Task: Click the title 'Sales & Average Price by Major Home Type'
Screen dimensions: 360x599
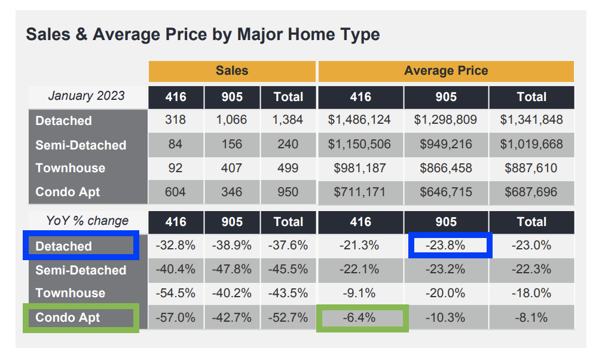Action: click(203, 34)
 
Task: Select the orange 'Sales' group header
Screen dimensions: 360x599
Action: click(232, 71)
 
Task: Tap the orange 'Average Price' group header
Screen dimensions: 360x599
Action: click(446, 71)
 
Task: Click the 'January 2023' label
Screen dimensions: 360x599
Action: click(87, 96)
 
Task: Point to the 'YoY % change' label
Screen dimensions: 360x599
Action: click(87, 221)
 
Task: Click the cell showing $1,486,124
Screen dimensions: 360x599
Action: click(360, 120)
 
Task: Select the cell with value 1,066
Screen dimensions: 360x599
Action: click(232, 120)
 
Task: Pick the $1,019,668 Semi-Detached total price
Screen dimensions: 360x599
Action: click(531, 145)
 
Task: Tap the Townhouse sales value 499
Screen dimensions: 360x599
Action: click(288, 168)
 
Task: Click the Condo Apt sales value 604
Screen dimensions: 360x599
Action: click(176, 192)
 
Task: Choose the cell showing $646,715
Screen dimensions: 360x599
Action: click(446, 192)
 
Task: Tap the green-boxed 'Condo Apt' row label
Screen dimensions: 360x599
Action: click(80, 318)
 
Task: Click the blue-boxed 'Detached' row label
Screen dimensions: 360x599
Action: click(80, 246)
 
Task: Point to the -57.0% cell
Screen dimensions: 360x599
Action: click(176, 318)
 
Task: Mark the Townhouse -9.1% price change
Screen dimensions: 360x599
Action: click(360, 293)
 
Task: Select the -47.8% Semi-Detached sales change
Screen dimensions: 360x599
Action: click(232, 270)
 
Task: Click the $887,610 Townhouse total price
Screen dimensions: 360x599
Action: click(531, 168)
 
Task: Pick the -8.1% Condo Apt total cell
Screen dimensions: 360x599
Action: click(531, 318)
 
